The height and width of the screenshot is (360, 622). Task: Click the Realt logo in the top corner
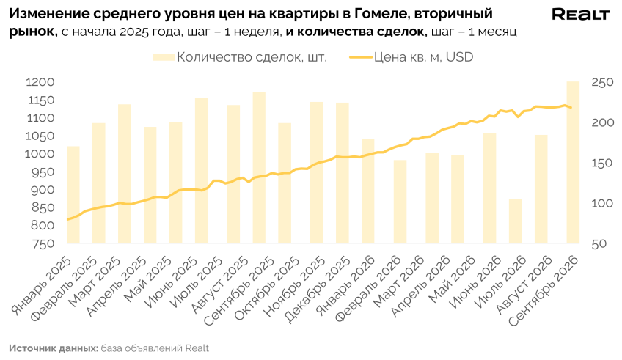[580, 15]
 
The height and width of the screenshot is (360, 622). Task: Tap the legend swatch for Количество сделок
[164, 57]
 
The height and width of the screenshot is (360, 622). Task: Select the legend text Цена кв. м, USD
[424, 57]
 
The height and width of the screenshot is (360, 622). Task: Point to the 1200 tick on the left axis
[40, 82]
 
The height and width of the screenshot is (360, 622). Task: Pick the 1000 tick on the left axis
[40, 154]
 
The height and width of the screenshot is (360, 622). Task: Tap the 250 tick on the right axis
[603, 82]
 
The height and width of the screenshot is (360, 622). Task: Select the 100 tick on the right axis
[603, 203]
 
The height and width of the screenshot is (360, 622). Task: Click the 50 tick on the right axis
[599, 244]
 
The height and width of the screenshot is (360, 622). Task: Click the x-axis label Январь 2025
[42, 286]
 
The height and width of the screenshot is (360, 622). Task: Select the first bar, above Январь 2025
[73, 195]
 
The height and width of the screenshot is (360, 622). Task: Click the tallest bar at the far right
[573, 162]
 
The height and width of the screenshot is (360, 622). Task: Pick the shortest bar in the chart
[516, 221]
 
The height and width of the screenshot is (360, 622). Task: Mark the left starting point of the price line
[67, 220]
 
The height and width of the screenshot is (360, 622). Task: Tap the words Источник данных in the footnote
[54, 348]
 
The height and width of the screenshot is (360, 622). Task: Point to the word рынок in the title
[33, 32]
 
